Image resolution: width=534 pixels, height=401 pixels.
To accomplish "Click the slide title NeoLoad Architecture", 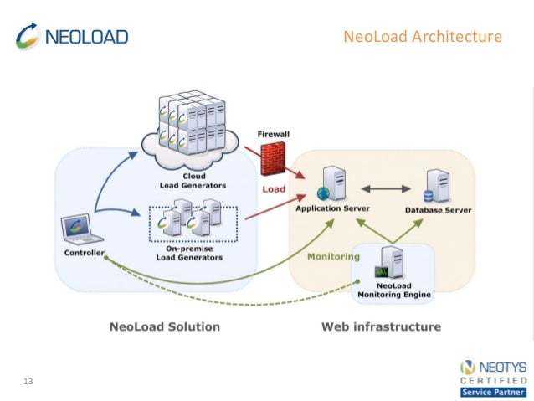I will [423, 37].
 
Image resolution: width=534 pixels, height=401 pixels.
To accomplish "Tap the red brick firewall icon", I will [272, 158].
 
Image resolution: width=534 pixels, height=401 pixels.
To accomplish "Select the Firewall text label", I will [274, 135].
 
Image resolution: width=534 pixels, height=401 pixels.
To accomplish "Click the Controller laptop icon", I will [82, 229].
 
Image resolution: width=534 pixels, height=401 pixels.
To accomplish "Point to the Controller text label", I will [84, 253].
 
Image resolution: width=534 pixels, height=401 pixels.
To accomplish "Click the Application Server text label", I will [332, 208].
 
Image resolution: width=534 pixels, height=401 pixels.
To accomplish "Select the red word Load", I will [275, 189].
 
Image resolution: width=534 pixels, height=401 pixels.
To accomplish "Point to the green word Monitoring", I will [332, 257].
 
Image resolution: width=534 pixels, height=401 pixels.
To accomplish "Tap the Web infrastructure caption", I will [381, 326].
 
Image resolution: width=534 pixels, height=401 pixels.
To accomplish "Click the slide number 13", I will [28, 382].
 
